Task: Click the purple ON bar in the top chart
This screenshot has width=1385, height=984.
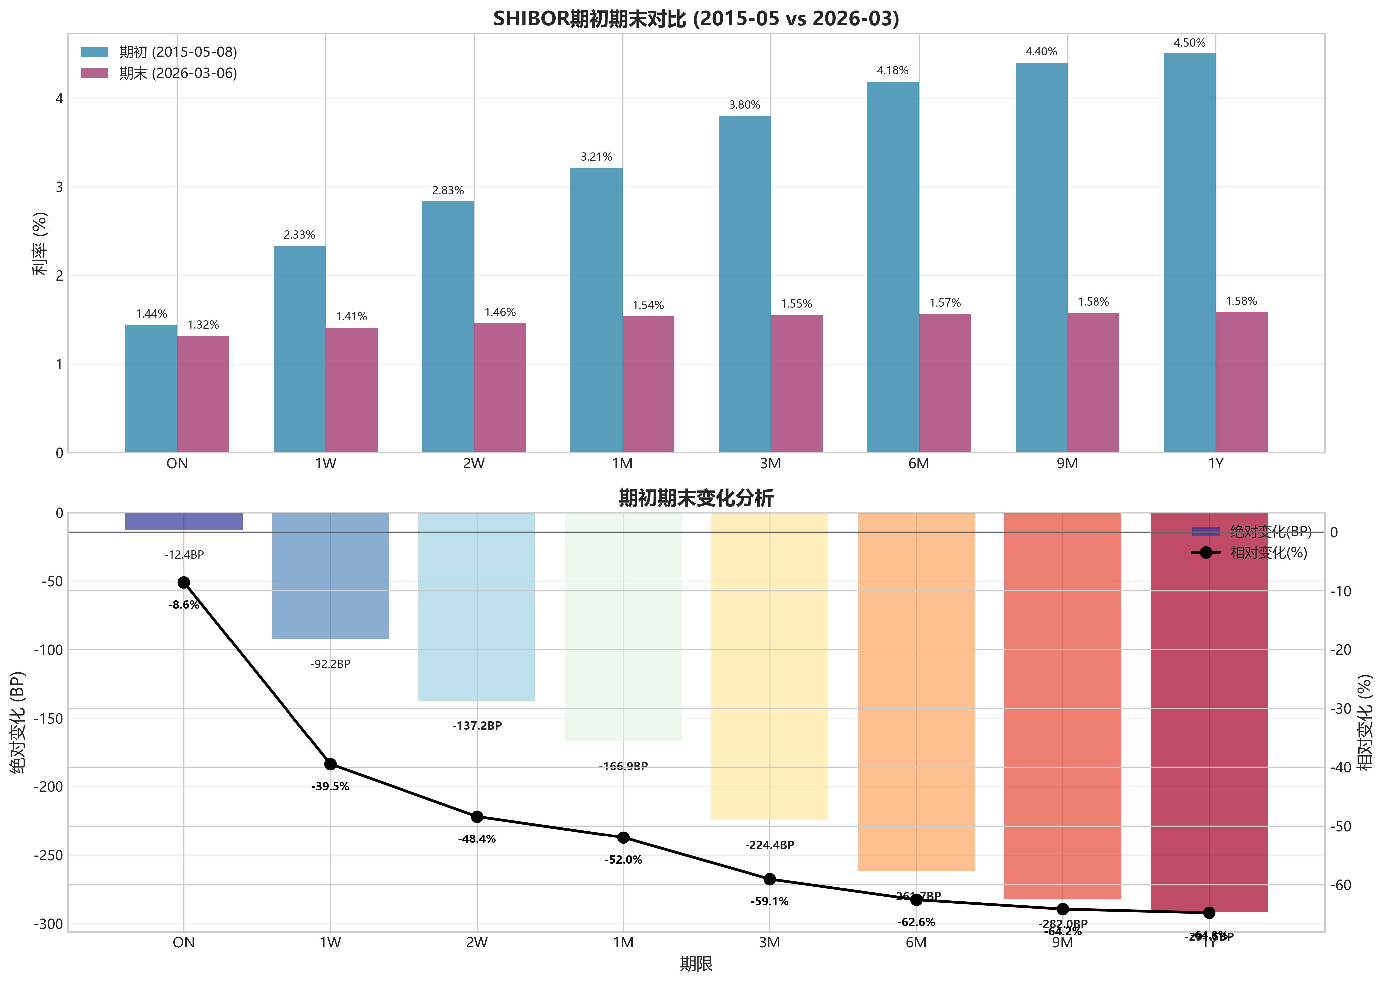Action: tap(203, 394)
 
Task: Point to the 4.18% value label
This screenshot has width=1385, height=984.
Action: tap(892, 71)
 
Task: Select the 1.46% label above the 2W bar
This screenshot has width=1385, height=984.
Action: tap(500, 312)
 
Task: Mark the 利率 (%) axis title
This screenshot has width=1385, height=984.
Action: tap(40, 244)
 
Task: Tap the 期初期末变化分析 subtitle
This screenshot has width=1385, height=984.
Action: tap(696, 498)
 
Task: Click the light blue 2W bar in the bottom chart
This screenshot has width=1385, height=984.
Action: tap(476, 606)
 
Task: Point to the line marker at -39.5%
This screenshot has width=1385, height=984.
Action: tap(330, 764)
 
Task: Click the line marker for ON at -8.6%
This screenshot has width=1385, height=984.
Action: tap(184, 582)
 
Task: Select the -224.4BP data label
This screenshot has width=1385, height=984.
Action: tap(769, 845)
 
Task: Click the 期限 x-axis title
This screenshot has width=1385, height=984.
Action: tap(696, 964)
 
